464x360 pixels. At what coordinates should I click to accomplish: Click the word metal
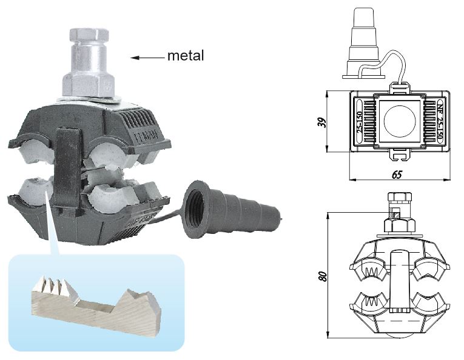[186, 57]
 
